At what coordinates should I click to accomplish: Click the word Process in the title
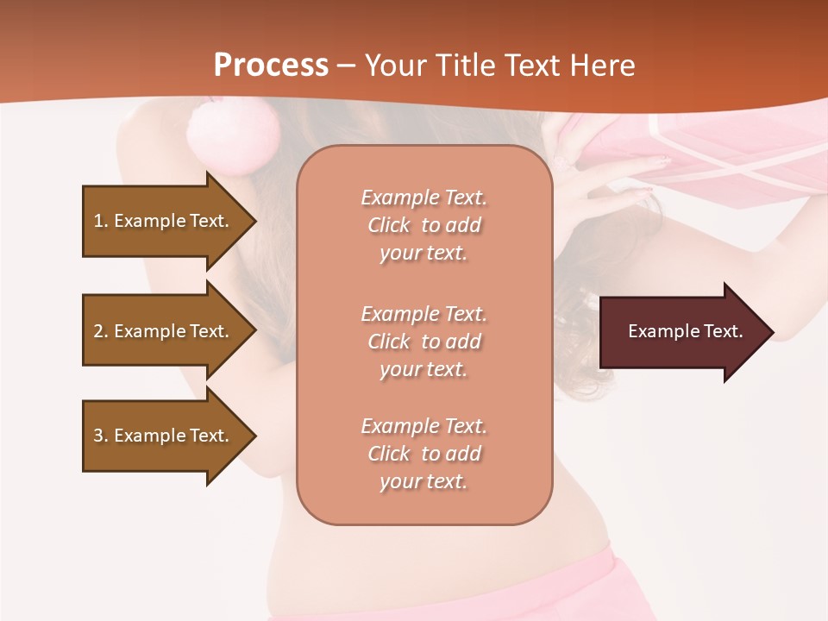[x=271, y=66]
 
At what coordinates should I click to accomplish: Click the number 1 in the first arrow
[x=98, y=221]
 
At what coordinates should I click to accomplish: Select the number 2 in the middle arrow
[x=98, y=331]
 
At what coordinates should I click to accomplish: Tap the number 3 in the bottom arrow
[x=98, y=436]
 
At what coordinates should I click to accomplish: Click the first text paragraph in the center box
[x=423, y=225]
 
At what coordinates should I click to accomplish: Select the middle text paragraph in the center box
[x=423, y=342]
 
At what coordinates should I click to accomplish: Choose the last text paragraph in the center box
[x=423, y=454]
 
